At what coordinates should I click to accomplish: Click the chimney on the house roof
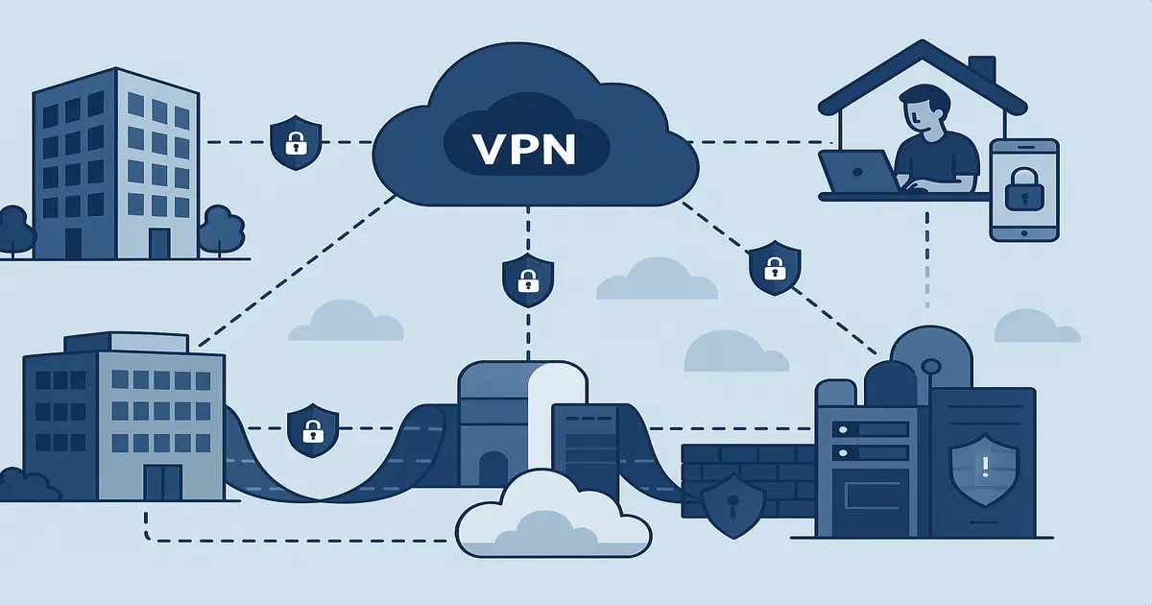click(981, 70)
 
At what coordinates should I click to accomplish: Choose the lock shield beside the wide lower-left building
click(312, 429)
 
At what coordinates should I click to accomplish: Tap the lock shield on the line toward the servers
click(774, 268)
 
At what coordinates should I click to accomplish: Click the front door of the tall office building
click(158, 242)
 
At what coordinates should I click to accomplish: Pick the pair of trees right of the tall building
click(219, 229)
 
